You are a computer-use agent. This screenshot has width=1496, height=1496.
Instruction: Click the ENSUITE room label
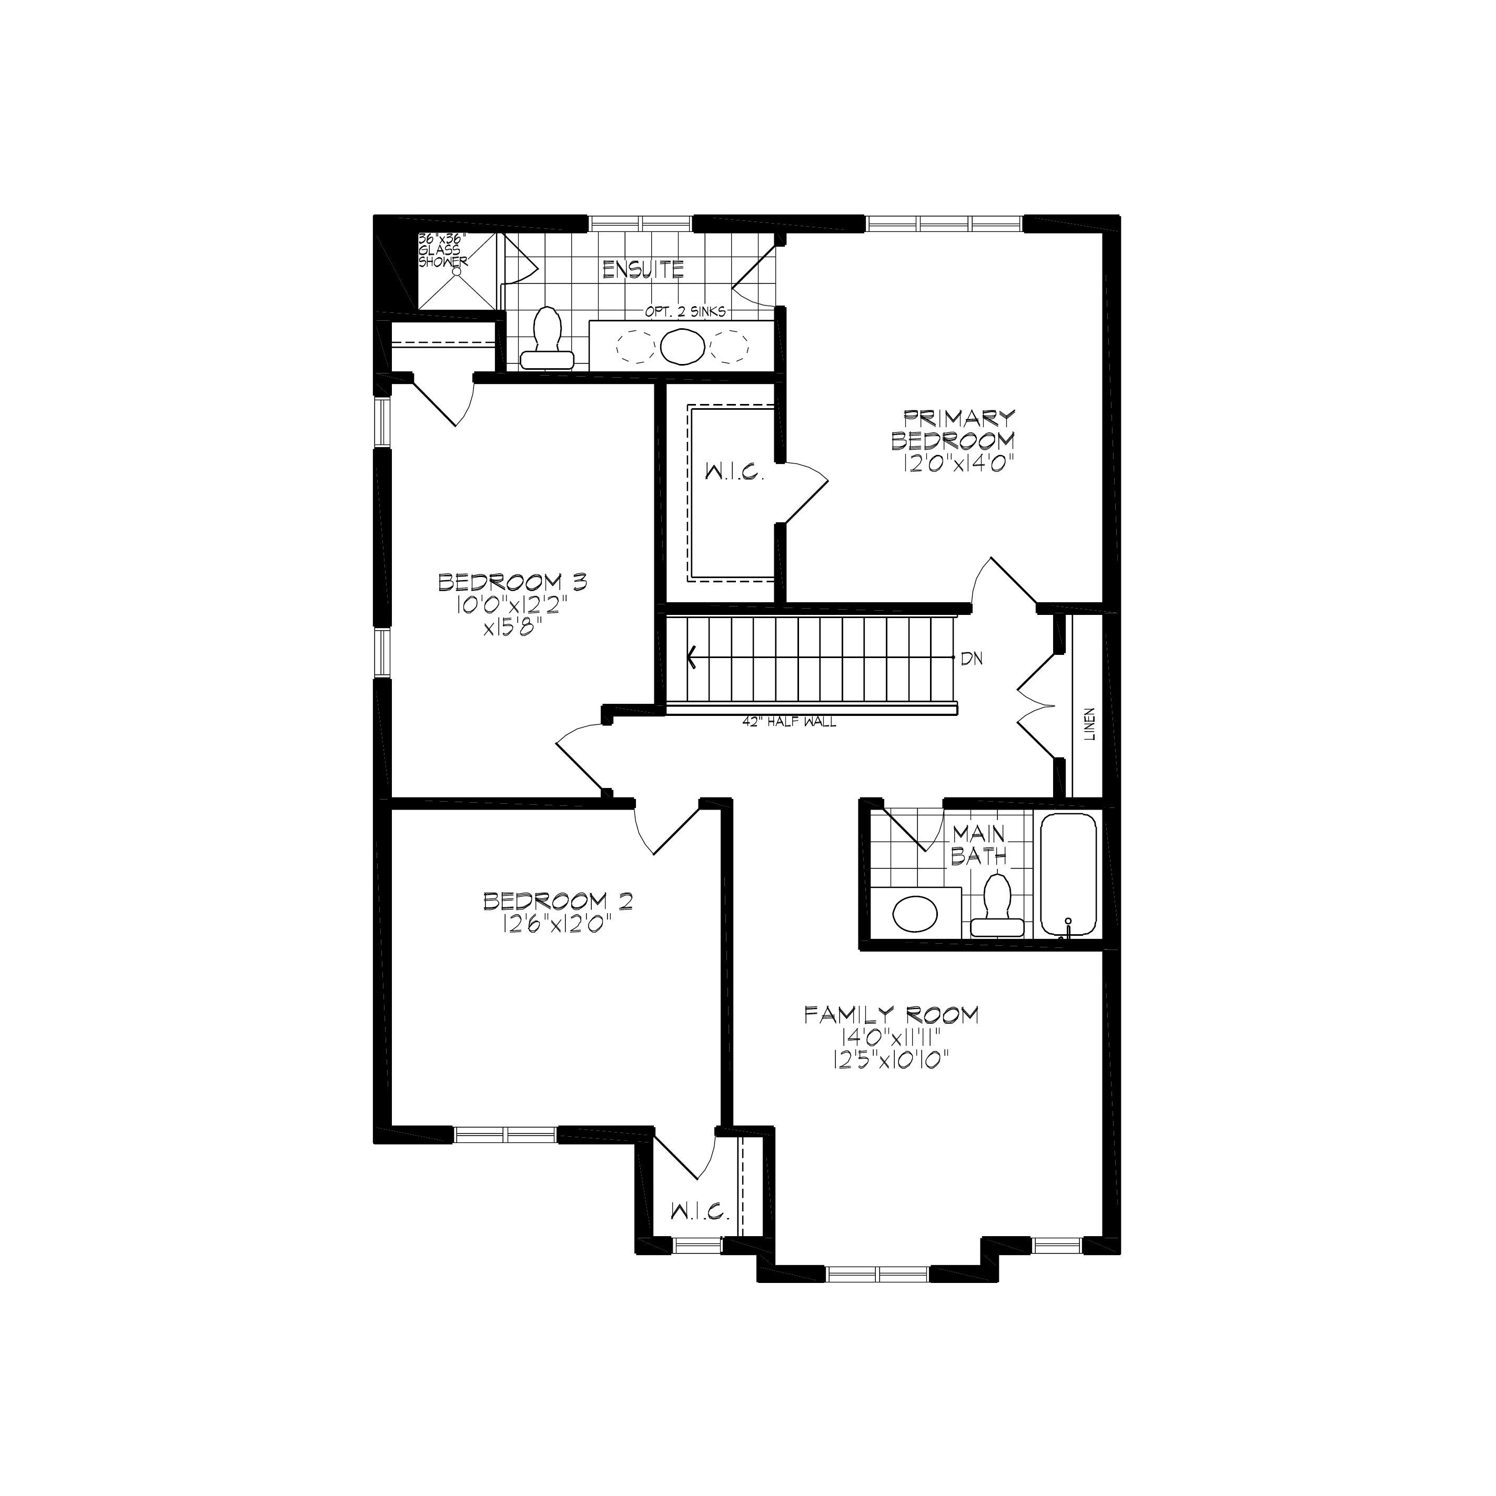tap(643, 269)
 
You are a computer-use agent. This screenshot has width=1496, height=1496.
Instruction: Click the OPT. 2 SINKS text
tap(685, 312)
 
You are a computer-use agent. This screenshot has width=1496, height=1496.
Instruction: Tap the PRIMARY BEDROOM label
tap(953, 430)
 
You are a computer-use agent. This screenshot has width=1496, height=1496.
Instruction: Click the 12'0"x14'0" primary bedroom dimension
tap(958, 463)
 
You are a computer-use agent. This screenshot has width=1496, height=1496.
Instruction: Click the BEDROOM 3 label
tap(512, 582)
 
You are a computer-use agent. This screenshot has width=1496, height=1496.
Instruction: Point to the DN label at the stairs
tap(972, 659)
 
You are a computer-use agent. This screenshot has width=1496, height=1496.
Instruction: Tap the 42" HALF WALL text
tap(789, 722)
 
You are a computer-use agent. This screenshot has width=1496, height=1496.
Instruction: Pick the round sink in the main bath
tap(915, 914)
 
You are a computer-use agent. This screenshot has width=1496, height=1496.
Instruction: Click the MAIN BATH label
tap(979, 845)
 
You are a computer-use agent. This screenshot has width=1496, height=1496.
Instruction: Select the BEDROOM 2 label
tap(558, 901)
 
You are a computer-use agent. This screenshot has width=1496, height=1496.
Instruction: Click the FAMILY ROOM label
tap(891, 1015)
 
